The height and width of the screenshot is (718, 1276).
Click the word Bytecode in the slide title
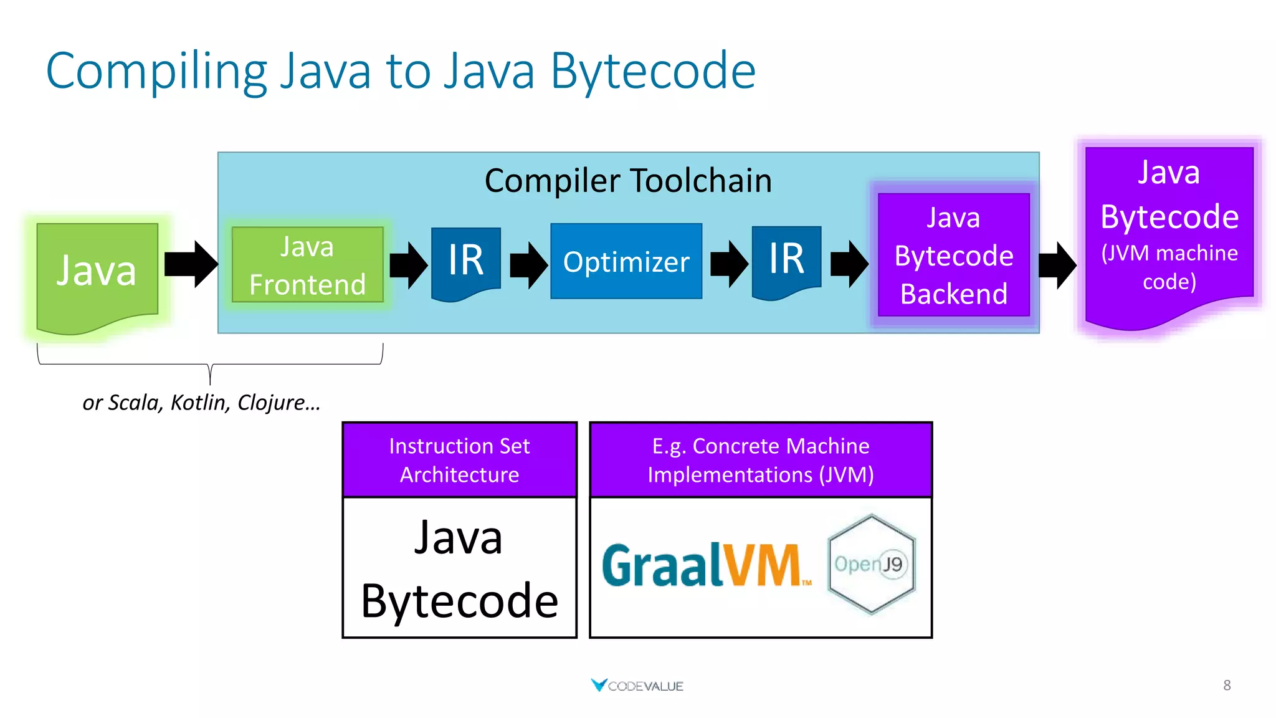(x=652, y=72)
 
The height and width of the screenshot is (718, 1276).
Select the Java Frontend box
(x=307, y=265)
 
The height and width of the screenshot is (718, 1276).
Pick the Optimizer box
(x=626, y=261)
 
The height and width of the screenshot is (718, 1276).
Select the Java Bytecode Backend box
(x=953, y=256)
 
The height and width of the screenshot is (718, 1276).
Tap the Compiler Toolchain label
(x=628, y=181)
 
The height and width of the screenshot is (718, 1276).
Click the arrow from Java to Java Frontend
(x=191, y=264)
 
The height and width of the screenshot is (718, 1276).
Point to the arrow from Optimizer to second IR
(x=729, y=264)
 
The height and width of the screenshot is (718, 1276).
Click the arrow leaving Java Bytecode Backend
(x=1057, y=265)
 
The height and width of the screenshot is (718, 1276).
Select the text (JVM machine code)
(x=1169, y=267)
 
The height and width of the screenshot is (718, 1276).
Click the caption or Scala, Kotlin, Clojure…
(x=201, y=403)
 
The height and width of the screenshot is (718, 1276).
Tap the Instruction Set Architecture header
(x=459, y=460)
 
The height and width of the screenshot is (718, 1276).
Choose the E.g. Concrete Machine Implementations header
(x=760, y=460)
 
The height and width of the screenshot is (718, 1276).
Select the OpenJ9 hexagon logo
(x=871, y=564)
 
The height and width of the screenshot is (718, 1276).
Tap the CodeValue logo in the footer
(x=637, y=686)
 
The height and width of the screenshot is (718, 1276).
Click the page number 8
(x=1226, y=686)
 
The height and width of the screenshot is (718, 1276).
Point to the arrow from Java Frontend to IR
(x=408, y=265)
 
